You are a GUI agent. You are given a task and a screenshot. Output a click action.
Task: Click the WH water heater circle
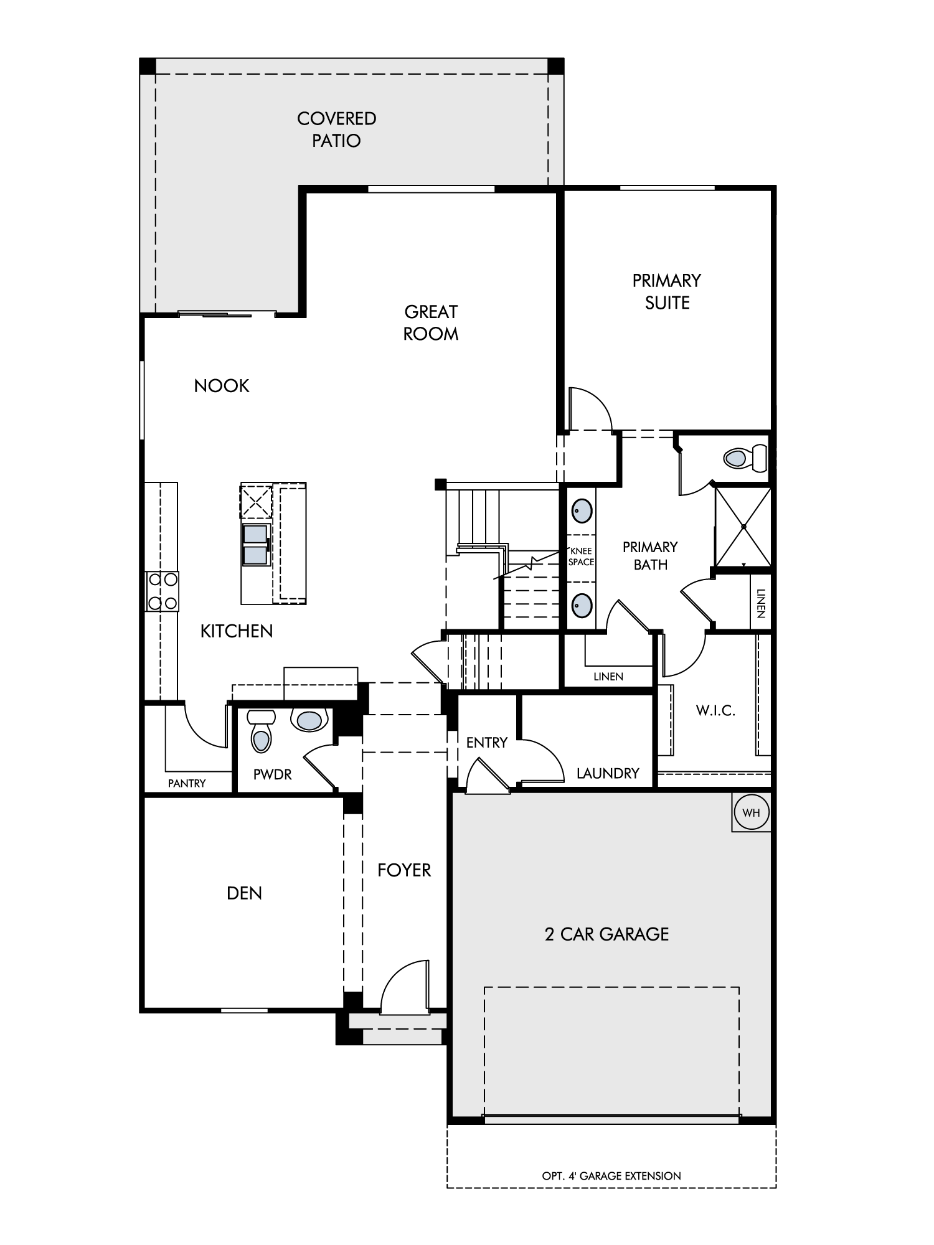tap(752, 812)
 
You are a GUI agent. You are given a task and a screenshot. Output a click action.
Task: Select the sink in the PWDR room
tap(310, 720)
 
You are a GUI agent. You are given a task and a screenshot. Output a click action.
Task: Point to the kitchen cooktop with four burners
tap(162, 591)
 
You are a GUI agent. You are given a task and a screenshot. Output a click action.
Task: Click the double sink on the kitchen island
tap(257, 545)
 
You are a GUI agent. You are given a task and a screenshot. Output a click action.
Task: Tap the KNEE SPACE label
tap(581, 557)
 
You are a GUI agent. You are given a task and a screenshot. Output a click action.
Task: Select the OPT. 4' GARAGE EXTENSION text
tap(611, 1176)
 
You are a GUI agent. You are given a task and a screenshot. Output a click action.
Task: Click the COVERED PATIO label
tap(336, 129)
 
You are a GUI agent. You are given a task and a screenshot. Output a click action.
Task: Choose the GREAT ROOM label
tap(431, 322)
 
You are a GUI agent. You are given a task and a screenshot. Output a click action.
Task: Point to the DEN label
tap(244, 893)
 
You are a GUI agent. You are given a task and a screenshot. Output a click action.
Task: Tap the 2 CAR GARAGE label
tap(606, 934)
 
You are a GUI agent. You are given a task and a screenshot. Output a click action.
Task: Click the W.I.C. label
tap(715, 710)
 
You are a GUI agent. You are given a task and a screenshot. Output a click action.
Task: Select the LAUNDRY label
tap(608, 773)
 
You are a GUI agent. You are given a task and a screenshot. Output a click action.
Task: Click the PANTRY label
tap(187, 783)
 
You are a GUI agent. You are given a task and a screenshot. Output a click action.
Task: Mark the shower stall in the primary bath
tap(743, 527)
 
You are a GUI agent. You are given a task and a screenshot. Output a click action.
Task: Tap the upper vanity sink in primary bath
tap(582, 510)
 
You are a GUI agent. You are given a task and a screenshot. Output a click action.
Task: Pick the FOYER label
tap(404, 870)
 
